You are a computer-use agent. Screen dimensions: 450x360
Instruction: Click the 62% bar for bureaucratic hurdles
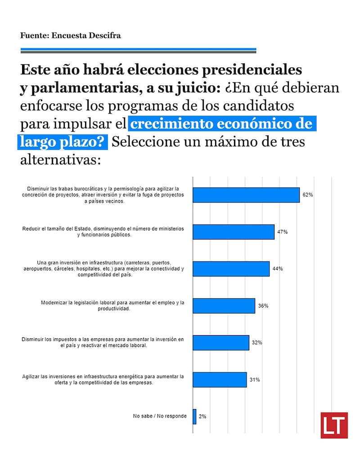point(246,195)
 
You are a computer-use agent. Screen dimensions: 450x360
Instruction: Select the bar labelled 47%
point(234,232)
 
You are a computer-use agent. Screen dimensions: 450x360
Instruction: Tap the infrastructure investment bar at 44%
point(231,269)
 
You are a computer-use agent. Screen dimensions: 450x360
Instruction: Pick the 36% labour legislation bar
point(224,306)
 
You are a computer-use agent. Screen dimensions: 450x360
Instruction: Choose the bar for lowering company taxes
point(221,342)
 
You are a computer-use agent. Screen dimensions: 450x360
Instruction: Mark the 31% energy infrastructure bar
point(220,379)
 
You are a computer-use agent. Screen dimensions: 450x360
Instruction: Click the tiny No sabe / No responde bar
point(194,416)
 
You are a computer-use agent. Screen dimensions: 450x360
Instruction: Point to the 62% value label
point(308,195)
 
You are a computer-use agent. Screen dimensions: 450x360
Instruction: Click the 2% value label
point(202,417)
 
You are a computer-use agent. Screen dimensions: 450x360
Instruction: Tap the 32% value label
point(257,342)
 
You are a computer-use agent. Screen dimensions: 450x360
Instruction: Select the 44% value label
point(277,269)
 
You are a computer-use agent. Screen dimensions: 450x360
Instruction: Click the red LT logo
point(334,425)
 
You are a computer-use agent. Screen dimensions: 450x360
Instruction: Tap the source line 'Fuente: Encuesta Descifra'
point(70,36)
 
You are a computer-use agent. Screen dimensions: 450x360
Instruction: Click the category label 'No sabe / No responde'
point(160,416)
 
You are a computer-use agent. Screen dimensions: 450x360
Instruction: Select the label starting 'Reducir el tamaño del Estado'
point(103,232)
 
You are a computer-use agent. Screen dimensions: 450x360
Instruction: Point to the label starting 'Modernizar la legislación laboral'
point(112,306)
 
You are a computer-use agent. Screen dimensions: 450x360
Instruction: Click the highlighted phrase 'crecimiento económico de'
point(222,123)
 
